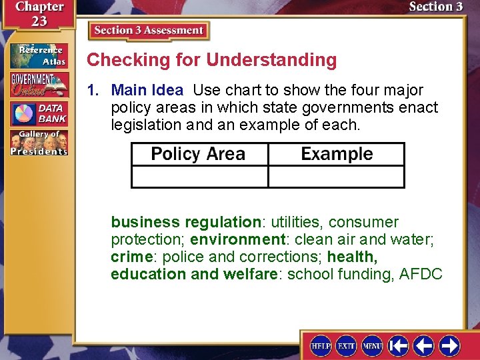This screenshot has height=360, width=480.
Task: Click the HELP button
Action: [321, 345]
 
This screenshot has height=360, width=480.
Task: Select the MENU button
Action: [372, 345]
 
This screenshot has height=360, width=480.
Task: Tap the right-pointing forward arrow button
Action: [449, 345]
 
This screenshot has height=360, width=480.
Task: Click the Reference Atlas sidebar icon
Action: [39, 55]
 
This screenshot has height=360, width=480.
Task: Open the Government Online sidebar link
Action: [39, 85]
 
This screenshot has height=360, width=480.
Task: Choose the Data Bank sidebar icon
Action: [39, 114]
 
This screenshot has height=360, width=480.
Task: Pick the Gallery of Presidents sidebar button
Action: [39, 143]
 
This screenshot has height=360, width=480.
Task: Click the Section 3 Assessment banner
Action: [149, 31]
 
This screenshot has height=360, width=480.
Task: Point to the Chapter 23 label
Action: [31, 13]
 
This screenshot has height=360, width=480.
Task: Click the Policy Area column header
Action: [199, 154]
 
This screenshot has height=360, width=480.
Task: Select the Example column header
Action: [337, 154]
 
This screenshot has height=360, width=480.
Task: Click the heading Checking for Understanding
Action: [212, 60]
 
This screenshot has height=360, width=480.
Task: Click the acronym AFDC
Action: [421, 274]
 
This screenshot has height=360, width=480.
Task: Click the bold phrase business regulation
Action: [185, 222]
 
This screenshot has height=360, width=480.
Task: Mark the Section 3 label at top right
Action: [435, 7]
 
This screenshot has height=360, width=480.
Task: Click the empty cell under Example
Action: [337, 177]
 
